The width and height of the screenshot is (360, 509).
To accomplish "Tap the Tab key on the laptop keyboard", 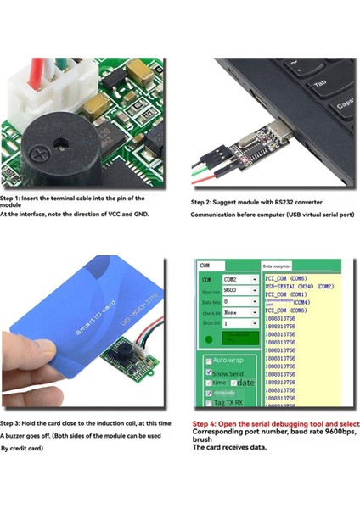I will [x=320, y=84].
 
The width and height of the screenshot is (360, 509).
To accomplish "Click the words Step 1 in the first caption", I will [x=13, y=198].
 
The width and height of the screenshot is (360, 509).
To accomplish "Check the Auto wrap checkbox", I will [x=209, y=360].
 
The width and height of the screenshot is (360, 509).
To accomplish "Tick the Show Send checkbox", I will [x=209, y=372].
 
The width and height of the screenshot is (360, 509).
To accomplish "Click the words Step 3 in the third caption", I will [x=13, y=422].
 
